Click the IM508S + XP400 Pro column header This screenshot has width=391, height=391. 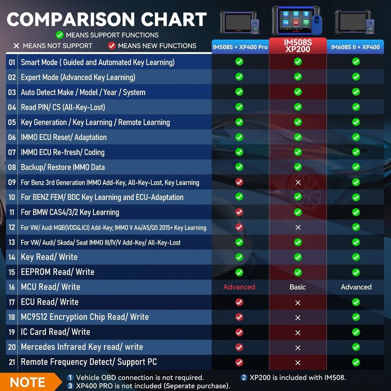(240, 47)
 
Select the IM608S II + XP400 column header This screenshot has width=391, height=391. (355, 47)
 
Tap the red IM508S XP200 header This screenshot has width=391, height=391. (298, 46)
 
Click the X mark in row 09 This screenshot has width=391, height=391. (298, 183)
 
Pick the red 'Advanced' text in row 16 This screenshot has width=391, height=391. (239, 287)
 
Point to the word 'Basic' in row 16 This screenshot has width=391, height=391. (298, 287)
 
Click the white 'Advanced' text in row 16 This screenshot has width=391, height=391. (356, 287)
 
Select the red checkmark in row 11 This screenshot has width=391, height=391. (239, 212)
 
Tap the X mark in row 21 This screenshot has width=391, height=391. (298, 363)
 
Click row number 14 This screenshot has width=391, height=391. (12, 257)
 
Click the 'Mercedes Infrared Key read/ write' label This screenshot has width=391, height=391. (82, 347)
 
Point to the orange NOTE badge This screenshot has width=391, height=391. (27, 382)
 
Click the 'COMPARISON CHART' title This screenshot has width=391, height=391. (107, 20)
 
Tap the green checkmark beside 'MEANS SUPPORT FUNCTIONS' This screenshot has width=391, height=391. (59, 35)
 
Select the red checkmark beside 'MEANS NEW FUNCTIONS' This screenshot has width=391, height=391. (112, 46)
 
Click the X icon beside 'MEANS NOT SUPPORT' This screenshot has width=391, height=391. (16, 46)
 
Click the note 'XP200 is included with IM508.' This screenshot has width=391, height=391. (293, 378)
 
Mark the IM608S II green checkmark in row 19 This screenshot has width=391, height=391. (356, 332)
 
